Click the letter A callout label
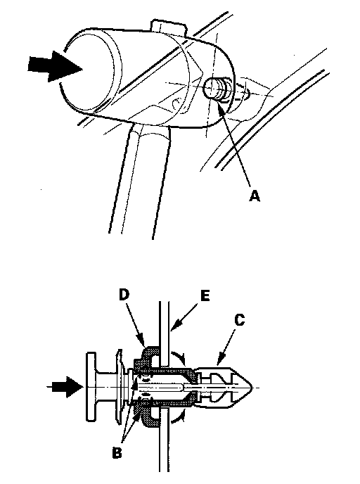tap(255, 196)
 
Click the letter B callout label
tap(117, 453)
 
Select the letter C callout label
tap(239, 319)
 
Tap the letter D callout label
tap(124, 295)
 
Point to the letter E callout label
tap(205, 295)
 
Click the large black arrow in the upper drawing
tap(55, 67)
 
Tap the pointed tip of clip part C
tap(252, 387)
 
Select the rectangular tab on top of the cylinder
tap(169, 27)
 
